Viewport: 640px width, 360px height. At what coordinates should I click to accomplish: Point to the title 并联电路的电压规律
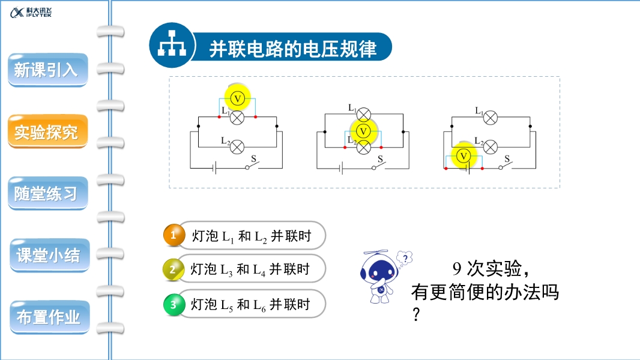coord(292,49)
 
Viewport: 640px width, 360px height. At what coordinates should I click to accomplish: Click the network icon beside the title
coord(172,45)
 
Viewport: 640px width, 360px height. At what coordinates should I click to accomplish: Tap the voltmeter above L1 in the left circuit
coord(237,98)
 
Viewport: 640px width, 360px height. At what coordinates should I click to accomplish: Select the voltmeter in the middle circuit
coord(362,131)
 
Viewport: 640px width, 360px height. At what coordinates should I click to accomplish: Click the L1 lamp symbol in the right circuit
coord(491,118)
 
